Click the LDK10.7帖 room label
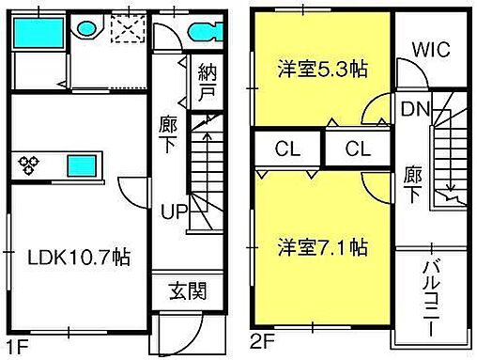[x=77, y=257]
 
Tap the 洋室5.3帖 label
[x=321, y=69]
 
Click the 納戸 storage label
[x=208, y=83]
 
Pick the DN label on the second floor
[x=414, y=108]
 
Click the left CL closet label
[x=288, y=148]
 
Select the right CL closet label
[x=356, y=148]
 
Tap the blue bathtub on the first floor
[x=39, y=36]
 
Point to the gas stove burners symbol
[x=30, y=164]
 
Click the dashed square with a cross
[x=125, y=31]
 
